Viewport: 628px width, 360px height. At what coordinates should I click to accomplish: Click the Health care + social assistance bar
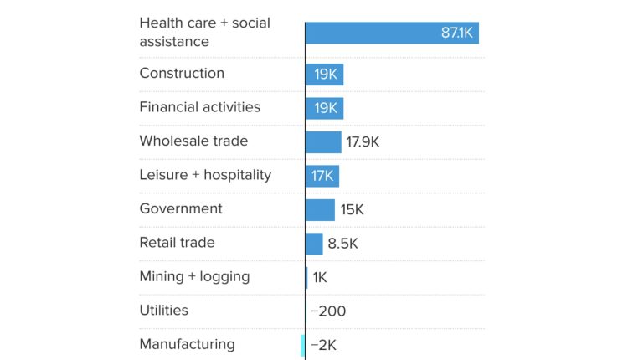coord(391,33)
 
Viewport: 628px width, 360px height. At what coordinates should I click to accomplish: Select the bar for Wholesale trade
coord(323,142)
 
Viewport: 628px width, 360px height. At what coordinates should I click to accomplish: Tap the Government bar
coord(320,210)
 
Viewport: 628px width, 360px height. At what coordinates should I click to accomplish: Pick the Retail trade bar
coord(314,244)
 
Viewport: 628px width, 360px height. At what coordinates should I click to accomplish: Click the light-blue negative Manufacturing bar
coord(303,345)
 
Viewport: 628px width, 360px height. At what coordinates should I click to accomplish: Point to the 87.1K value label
coord(457,33)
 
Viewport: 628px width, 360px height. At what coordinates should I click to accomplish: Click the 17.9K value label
coord(363,142)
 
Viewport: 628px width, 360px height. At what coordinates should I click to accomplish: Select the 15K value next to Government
coord(352,210)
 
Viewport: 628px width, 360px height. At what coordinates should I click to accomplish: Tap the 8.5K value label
coord(342,244)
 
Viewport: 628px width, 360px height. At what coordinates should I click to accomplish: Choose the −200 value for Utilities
coord(328,311)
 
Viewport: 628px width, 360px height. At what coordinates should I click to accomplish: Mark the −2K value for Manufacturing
coord(323,345)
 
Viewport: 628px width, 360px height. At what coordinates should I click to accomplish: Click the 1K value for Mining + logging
coord(320,277)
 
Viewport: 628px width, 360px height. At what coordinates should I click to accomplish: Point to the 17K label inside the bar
coord(322,176)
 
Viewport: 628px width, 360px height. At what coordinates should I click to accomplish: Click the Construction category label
coord(182,73)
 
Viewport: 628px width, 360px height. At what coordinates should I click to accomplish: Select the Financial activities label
coord(199,107)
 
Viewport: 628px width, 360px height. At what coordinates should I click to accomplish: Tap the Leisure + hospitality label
coord(205,175)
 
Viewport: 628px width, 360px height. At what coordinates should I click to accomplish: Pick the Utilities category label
coord(163,310)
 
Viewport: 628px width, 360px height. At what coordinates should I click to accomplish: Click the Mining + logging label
coord(194,276)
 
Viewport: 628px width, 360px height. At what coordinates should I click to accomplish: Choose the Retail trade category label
coord(177,243)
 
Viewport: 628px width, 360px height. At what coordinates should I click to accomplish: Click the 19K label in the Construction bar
coord(326,75)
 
